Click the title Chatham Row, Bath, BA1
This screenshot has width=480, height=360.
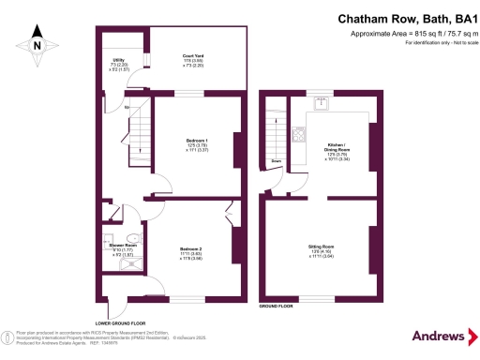tap(402, 18)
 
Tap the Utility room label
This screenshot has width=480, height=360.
tap(118, 65)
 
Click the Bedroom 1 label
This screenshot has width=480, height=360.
tap(195, 144)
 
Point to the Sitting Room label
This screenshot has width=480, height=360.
tap(321, 249)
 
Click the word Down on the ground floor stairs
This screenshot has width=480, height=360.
tap(277, 161)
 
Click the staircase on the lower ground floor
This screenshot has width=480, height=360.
tap(137, 122)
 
